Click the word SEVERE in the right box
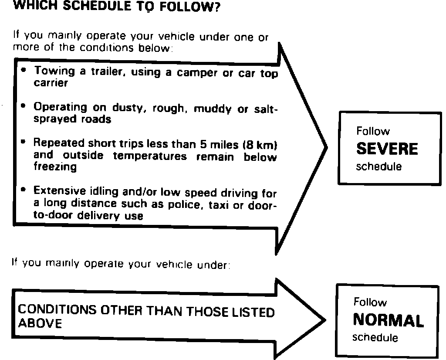pos(387,149)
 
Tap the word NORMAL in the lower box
pos(388,321)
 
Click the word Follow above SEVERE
pos(373,131)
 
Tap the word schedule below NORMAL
pos(375,337)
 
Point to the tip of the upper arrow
pos(327,147)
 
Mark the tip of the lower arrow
pos(324,320)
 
